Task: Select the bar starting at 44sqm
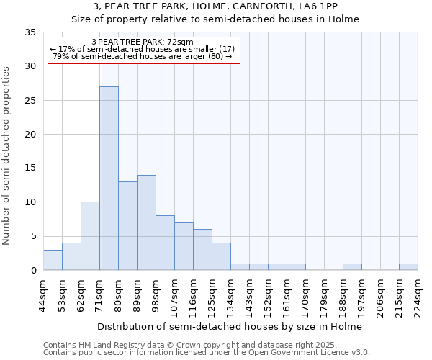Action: (53, 260)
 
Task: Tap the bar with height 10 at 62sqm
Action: (90, 236)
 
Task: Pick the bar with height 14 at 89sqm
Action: (146, 222)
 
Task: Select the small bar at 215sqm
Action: (408, 267)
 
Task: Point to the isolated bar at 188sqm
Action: (352, 267)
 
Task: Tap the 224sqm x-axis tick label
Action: (418, 297)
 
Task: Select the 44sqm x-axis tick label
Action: (44, 297)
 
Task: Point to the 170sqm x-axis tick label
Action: (306, 297)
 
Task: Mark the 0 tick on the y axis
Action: (32, 271)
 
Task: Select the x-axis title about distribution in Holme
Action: (230, 326)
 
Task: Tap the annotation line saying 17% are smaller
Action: (143, 49)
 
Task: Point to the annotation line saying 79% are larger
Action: (143, 56)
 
